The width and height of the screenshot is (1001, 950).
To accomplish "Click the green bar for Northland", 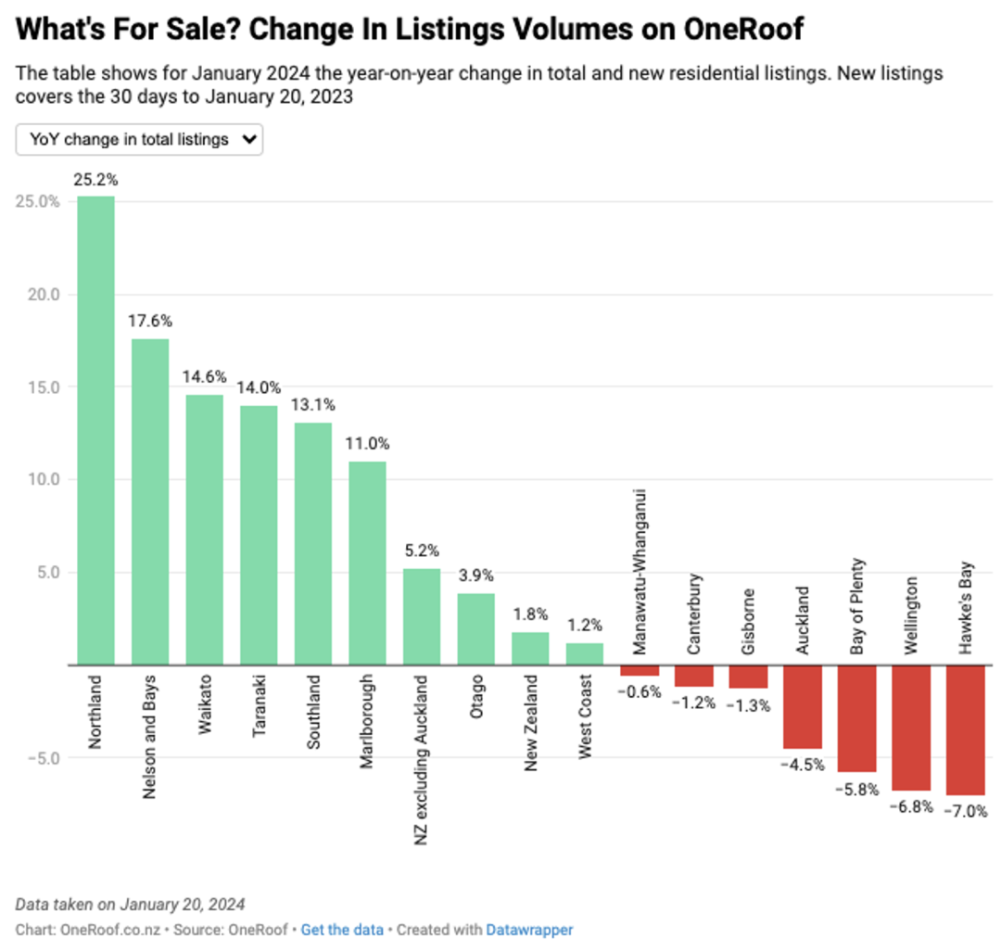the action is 95,430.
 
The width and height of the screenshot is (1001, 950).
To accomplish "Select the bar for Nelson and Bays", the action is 150,501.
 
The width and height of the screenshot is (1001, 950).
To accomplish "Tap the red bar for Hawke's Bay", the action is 965,730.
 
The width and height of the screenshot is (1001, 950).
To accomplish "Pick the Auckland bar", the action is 803,707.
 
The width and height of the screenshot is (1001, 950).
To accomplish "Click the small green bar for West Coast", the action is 585,653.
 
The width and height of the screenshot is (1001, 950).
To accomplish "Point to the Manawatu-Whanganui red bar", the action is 640,670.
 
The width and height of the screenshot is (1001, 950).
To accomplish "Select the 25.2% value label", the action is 95,180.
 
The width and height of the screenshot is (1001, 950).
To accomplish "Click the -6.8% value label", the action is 912,807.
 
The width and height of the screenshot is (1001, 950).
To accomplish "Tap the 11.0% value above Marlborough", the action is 367,444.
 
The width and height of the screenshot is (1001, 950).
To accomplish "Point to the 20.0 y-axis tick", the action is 44,295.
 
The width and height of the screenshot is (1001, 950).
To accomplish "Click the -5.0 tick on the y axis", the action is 44,758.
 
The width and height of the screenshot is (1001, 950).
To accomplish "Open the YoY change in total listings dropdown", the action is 139,139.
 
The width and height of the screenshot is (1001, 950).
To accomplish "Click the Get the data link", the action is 342,930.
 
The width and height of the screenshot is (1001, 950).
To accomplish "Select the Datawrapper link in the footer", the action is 529,930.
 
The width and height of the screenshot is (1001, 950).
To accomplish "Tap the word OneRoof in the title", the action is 743,29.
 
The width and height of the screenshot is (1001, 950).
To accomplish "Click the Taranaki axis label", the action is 259,706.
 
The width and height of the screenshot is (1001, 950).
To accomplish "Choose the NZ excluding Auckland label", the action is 421,760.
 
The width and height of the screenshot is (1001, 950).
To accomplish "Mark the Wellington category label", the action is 911,615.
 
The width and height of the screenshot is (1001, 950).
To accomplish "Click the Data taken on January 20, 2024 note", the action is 131,905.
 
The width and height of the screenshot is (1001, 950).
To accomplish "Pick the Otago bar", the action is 476,629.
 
